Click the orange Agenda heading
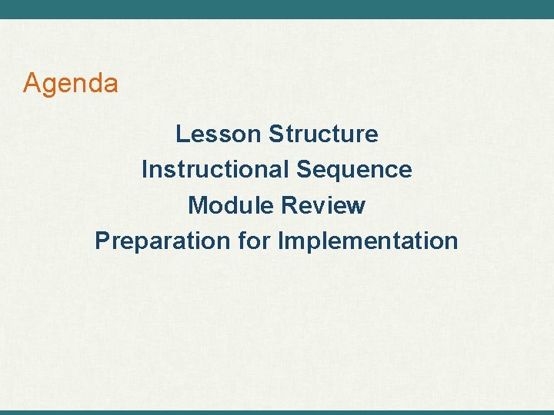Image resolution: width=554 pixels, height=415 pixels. pyautogui.click(x=71, y=83)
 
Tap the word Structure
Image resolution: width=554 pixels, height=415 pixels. pyautogui.click(x=323, y=134)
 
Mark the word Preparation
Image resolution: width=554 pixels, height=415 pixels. pyautogui.click(x=162, y=241)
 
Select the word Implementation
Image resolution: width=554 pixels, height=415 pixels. pyautogui.click(x=368, y=241)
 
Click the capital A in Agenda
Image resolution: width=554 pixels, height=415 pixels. pyautogui.click(x=32, y=82)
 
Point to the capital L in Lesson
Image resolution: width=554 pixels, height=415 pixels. pyautogui.click(x=182, y=134)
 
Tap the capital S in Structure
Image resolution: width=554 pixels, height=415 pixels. pyautogui.click(x=275, y=134)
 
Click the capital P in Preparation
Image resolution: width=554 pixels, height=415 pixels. pyautogui.click(x=102, y=241)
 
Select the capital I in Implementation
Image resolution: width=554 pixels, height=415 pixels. pyautogui.click(x=281, y=241)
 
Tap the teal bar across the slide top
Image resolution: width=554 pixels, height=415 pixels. pyautogui.click(x=277, y=9)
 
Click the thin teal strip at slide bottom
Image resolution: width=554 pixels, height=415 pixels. pyautogui.click(x=277, y=412)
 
